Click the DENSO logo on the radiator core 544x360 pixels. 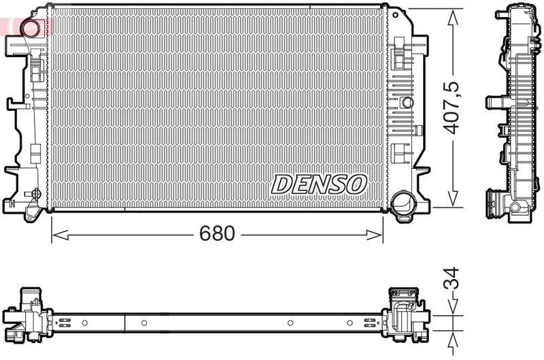[320, 183]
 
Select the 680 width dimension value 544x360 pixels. [217, 234]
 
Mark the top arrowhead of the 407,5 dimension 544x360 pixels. [452, 15]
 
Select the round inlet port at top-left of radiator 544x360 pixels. [30, 29]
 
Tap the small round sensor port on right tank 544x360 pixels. [407, 102]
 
